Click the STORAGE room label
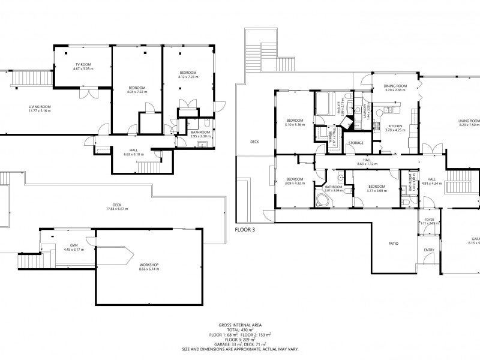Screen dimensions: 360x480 pos(356,143)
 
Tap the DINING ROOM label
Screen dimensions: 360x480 pos(395,86)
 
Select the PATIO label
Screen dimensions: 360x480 pos(394,244)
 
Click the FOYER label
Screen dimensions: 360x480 pos(429,220)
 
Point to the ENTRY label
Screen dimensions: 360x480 pos(429,250)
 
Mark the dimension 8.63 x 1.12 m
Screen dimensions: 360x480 pos(365,163)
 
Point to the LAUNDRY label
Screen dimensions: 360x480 pos(365,112)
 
